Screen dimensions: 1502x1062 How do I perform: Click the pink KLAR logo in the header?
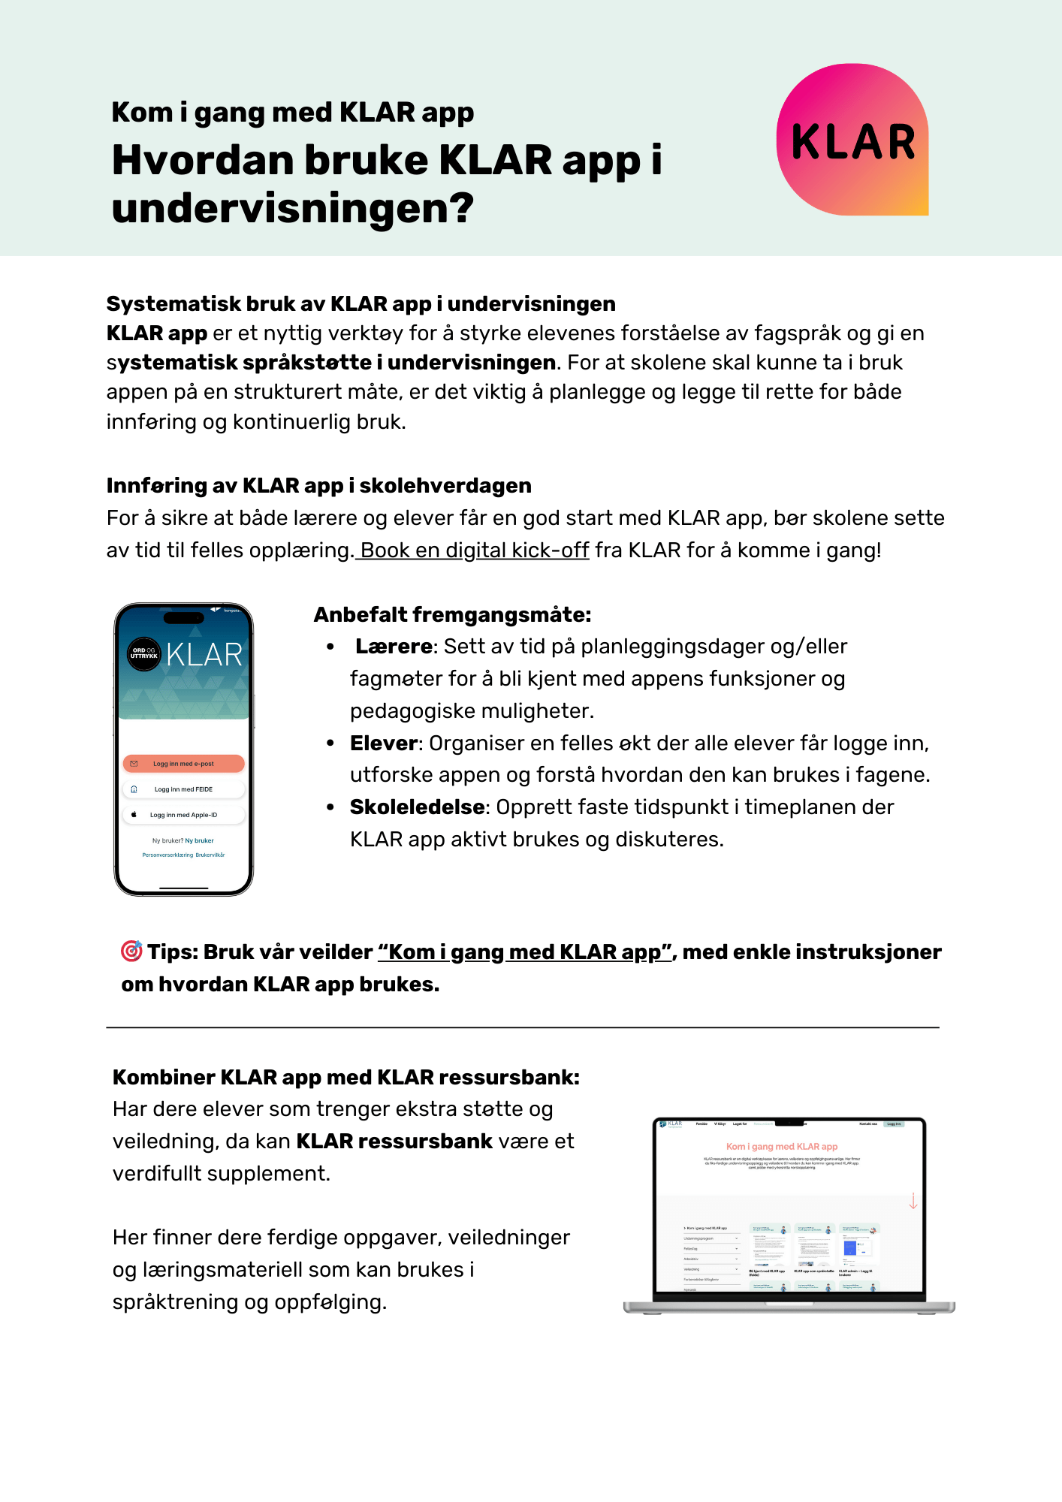[x=852, y=140]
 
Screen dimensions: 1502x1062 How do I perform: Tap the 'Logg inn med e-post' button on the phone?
[x=183, y=764]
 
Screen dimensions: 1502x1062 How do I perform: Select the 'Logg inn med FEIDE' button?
[x=183, y=789]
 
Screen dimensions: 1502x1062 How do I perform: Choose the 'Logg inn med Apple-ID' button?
[x=183, y=815]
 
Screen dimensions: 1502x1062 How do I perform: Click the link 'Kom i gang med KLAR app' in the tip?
[x=524, y=952]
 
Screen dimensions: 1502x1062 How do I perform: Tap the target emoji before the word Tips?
[x=131, y=951]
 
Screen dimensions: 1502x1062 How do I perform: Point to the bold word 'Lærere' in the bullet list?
[x=394, y=647]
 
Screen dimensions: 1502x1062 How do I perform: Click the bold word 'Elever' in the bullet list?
[x=384, y=743]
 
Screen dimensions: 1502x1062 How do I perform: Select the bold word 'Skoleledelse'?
[x=417, y=807]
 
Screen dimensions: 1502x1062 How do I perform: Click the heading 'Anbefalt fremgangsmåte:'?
[x=452, y=615]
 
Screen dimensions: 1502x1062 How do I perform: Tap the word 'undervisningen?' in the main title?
[x=293, y=208]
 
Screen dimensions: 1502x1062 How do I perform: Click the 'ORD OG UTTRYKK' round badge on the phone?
[x=143, y=654]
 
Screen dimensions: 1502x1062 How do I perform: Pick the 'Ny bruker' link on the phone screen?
[x=200, y=841]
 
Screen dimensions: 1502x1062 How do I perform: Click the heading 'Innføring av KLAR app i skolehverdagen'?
[x=318, y=486]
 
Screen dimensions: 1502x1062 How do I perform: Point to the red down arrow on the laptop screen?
[x=913, y=1201]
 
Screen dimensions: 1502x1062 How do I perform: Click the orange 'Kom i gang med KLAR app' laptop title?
[x=782, y=1147]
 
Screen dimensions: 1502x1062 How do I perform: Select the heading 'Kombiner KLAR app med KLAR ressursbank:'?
[x=346, y=1078]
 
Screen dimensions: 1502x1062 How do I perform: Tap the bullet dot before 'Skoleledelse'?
[x=330, y=807]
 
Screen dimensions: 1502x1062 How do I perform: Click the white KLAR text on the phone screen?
[x=204, y=655]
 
